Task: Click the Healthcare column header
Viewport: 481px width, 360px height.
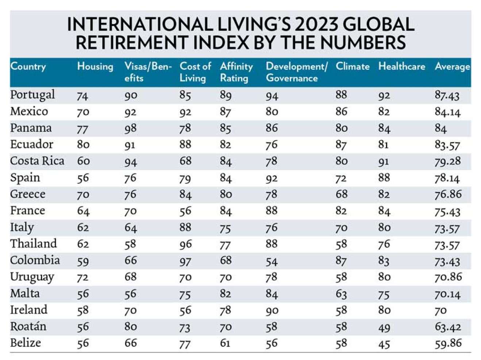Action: pos(401,66)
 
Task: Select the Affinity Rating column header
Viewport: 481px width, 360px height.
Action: pos(236,72)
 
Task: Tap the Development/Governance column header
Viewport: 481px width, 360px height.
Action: pos(296,72)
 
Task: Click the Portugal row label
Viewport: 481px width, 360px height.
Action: pos(32,95)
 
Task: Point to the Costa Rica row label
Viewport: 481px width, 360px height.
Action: pos(37,161)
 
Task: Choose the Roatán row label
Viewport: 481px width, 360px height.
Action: pos(28,326)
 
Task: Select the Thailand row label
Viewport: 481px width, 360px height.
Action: pos(34,244)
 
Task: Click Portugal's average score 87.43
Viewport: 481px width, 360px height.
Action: pos(447,95)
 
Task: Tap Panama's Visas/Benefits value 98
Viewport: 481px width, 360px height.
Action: pos(130,128)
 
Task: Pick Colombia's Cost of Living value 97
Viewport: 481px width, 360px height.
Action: pos(185,261)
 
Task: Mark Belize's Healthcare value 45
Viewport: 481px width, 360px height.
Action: pos(384,344)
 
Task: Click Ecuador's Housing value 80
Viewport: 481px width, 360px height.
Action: pos(83,145)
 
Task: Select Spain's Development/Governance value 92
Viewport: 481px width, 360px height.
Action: pos(272,178)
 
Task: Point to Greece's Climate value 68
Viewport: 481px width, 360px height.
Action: pos(342,194)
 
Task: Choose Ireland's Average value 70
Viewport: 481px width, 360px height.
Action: pos(440,310)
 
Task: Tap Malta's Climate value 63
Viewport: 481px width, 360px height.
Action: pos(342,294)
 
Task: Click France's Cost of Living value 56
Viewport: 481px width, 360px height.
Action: pos(185,211)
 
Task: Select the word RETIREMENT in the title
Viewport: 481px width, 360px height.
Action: pos(132,43)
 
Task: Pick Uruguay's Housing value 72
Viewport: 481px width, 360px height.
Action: pos(83,277)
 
